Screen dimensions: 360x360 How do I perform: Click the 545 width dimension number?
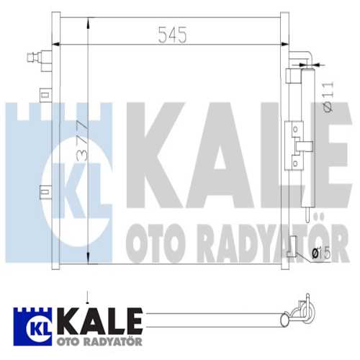171,33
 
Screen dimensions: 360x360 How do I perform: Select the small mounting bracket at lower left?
45,192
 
